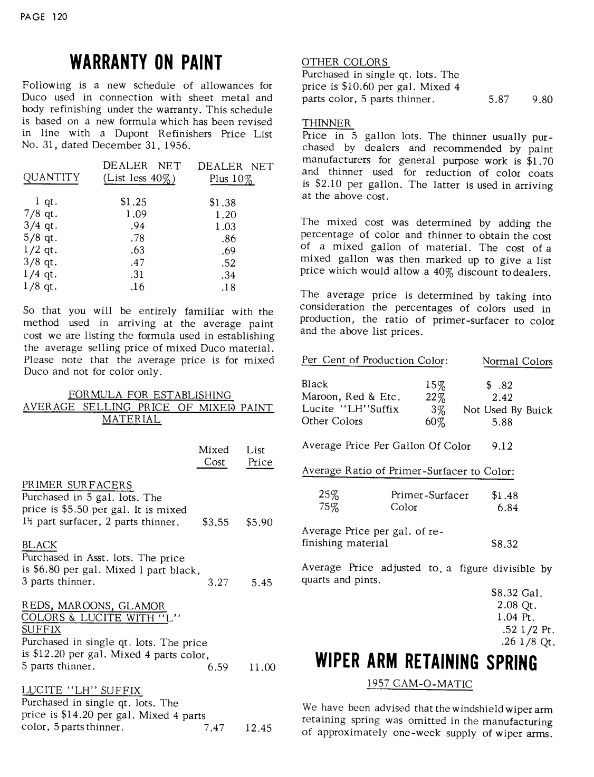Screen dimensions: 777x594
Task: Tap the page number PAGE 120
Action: pos(44,17)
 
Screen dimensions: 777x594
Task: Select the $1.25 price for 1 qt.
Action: pos(133,202)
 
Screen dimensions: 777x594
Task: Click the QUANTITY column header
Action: pos(51,178)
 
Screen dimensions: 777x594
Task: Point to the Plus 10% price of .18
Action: pos(228,287)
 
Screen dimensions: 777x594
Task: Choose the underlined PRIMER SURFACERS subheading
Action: pos(77,485)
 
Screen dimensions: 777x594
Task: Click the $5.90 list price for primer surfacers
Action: pos(259,522)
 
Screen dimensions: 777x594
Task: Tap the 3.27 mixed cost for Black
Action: pos(218,583)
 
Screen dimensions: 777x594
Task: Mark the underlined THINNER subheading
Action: pos(327,123)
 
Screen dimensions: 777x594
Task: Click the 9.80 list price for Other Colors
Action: pos(542,100)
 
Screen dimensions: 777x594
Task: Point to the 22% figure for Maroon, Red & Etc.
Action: pos(435,397)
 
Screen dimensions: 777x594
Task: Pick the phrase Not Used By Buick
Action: pos(507,410)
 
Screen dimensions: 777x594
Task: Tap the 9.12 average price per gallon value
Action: pos(502,446)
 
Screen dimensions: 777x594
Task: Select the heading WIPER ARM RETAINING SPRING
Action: pos(426,662)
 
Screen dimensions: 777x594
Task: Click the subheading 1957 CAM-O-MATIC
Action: pos(419,684)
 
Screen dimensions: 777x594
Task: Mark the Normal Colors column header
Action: pos(517,362)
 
